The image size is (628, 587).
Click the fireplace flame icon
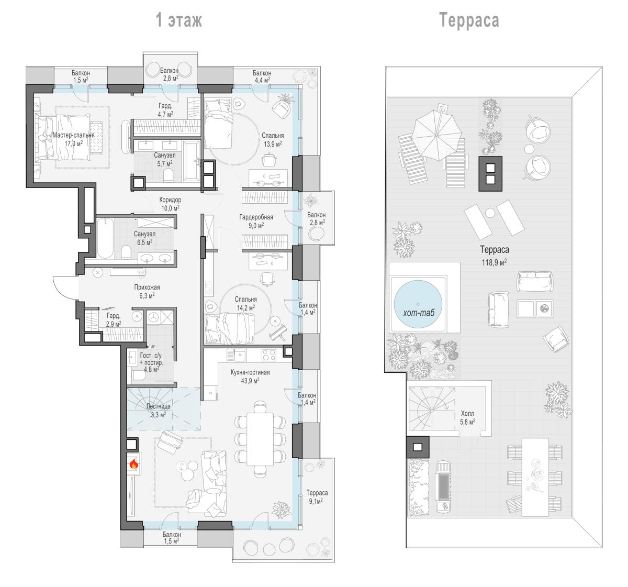click(x=134, y=464)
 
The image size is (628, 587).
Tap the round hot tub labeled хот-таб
click(x=418, y=304)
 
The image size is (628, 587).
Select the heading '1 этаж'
click(x=178, y=20)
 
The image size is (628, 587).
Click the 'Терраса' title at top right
click(x=469, y=20)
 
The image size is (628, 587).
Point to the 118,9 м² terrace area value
click(x=494, y=262)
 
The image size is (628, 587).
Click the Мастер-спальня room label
click(x=73, y=135)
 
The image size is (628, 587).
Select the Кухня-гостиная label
click(x=250, y=372)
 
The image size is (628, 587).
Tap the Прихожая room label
click(x=147, y=287)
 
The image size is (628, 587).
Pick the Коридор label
click(x=170, y=200)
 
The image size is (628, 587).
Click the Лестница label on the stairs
click(x=159, y=406)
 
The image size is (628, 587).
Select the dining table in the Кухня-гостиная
click(x=260, y=439)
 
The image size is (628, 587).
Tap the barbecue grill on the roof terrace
click(x=443, y=488)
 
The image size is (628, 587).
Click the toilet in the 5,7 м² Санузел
click(x=168, y=175)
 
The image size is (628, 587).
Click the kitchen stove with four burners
click(x=269, y=355)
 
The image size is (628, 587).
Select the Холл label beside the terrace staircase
click(x=467, y=413)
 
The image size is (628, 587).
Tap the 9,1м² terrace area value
click(x=316, y=501)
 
